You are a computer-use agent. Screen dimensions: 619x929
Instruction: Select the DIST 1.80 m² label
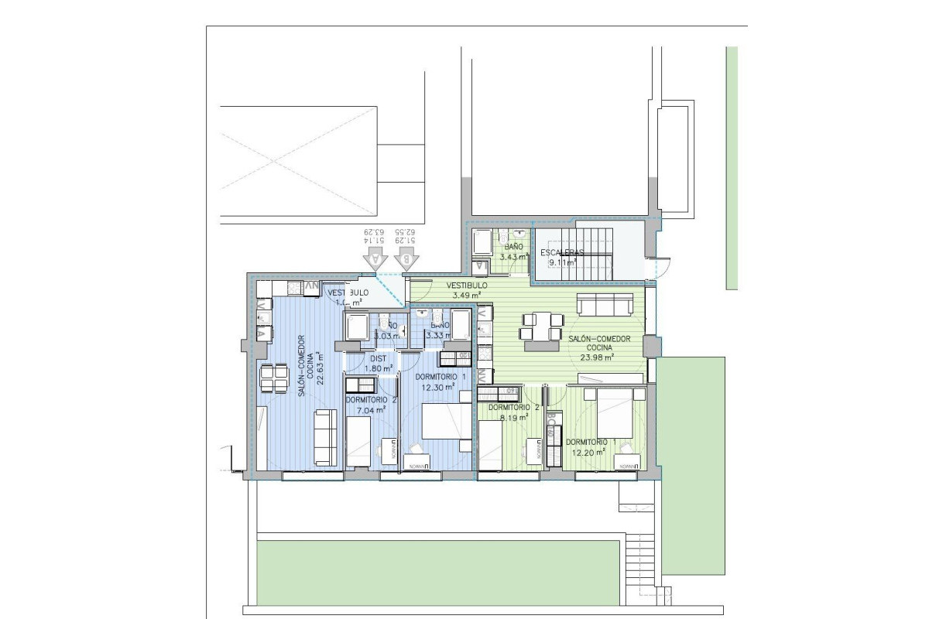pyautogui.click(x=379, y=364)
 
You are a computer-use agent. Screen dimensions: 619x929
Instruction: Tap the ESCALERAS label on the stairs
pyautogui.click(x=562, y=253)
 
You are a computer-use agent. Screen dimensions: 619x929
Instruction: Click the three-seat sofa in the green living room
pyautogui.click(x=608, y=305)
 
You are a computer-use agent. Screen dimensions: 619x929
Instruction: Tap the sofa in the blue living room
pyautogui.click(x=325, y=438)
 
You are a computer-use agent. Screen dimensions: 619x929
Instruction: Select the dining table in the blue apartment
pyautogui.click(x=274, y=378)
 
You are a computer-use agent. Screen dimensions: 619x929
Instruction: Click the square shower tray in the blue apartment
pyautogui.click(x=357, y=328)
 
